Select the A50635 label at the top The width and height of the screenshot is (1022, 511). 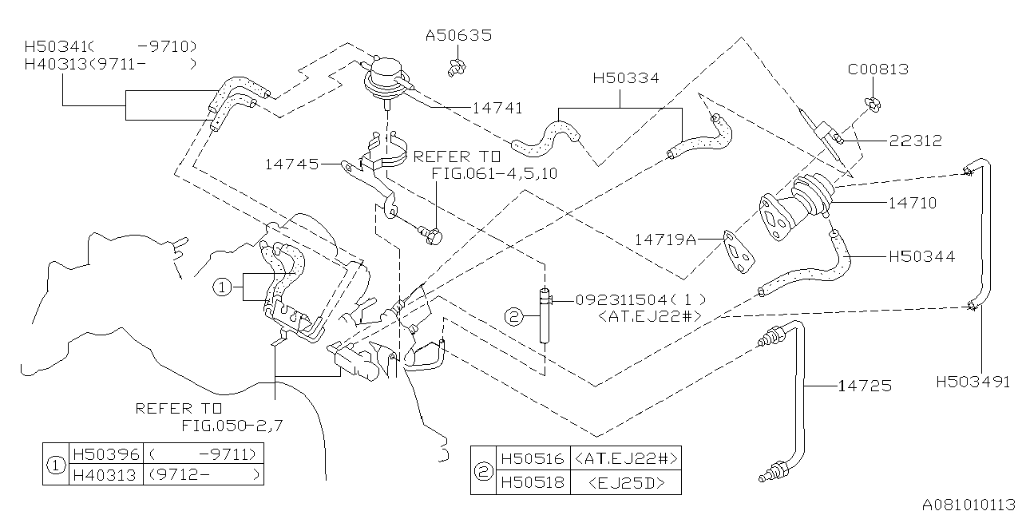click(x=458, y=36)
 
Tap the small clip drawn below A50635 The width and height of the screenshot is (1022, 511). click(x=458, y=65)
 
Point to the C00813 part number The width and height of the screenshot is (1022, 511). click(x=878, y=69)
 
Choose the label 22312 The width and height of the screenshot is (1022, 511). click(x=916, y=141)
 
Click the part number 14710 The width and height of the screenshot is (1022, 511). click(x=911, y=204)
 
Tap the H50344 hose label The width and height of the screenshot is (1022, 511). click(x=921, y=257)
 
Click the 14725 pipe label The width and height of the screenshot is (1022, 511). click(x=865, y=386)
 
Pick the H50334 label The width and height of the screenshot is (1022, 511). click(x=626, y=78)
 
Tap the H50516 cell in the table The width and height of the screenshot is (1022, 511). click(x=532, y=459)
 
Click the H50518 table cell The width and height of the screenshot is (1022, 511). click(x=532, y=482)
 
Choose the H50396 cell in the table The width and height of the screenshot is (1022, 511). click(x=105, y=454)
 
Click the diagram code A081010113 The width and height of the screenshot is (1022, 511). click(x=969, y=504)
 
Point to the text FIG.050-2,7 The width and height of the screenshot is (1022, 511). click(x=232, y=425)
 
